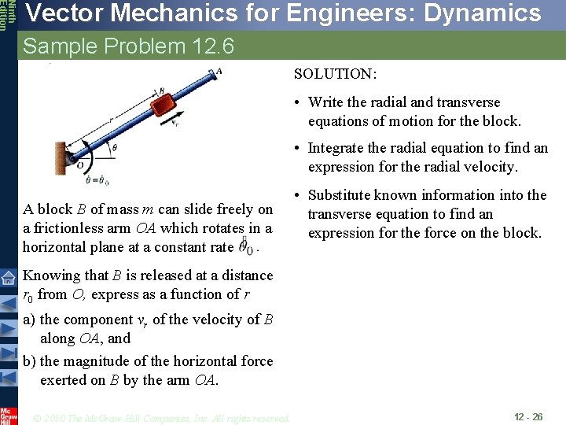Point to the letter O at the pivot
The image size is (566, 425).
coord(80,166)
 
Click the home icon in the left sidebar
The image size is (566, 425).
coord(8,278)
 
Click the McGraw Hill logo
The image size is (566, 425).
coord(9,416)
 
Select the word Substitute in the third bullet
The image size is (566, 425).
coord(342,195)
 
